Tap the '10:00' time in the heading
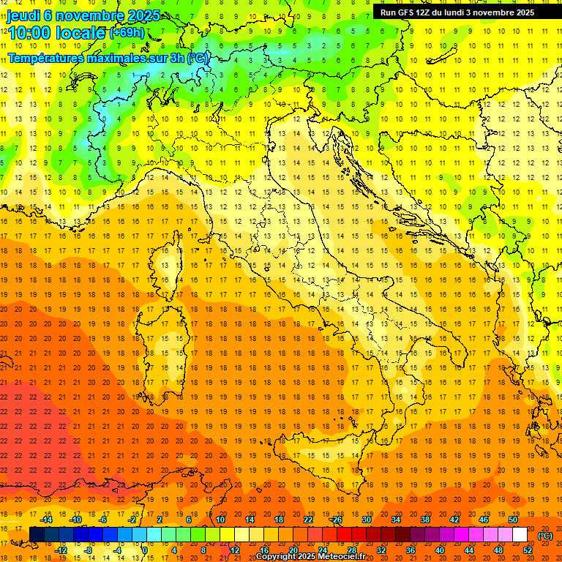(30, 33)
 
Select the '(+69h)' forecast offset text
(127, 33)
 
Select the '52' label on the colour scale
(527, 550)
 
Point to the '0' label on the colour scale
(145, 550)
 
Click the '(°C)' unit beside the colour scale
(545, 535)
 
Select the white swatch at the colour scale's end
(520, 535)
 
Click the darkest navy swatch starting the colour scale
(37, 535)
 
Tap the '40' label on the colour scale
(439, 550)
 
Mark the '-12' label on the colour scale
(61, 550)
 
